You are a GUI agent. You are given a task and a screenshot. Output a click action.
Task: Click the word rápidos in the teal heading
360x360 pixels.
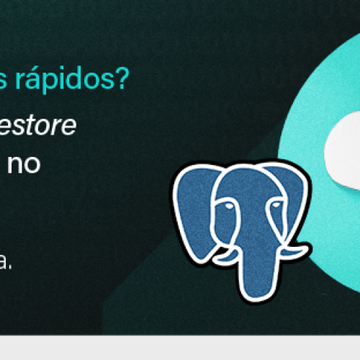click(x=71, y=79)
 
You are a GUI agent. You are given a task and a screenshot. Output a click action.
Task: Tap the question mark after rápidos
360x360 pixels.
click(x=124, y=79)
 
